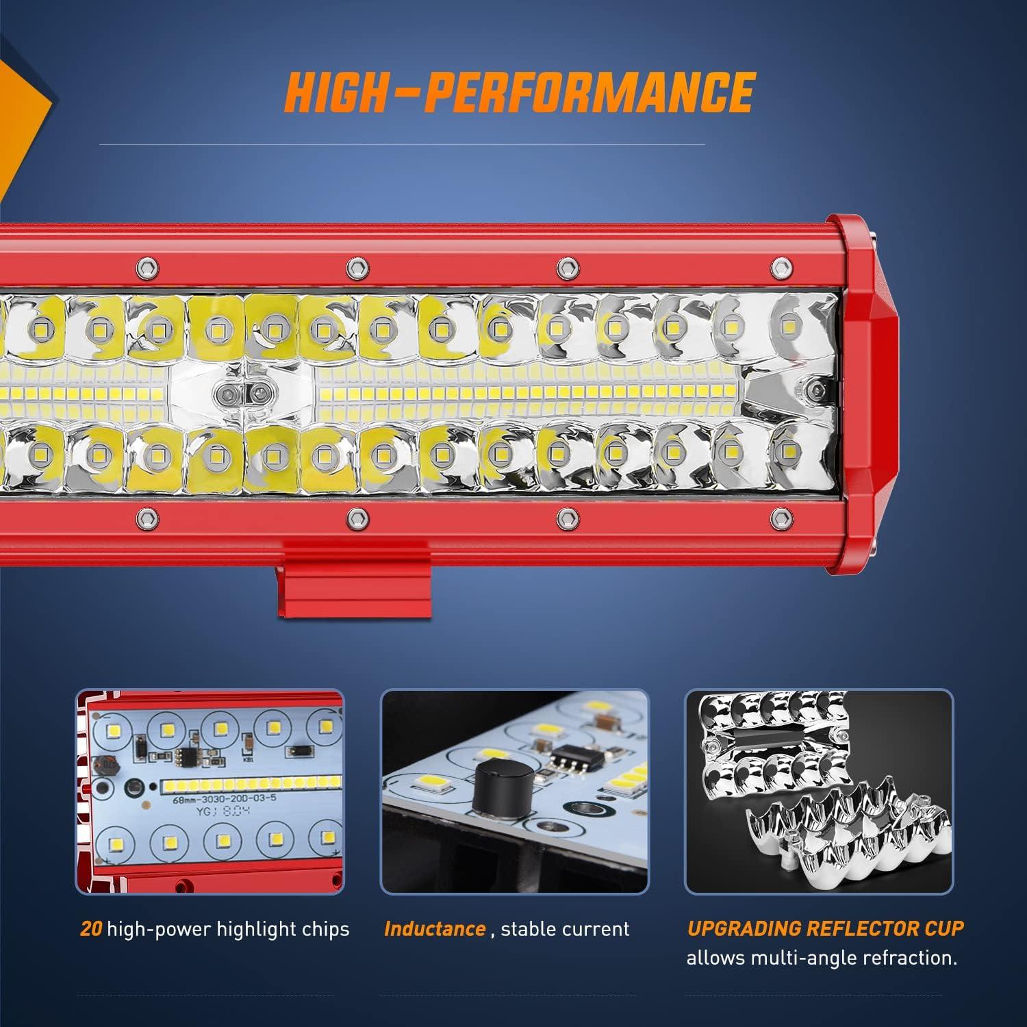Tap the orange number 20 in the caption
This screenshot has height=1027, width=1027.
pos(91,929)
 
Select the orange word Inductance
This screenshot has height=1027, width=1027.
pos(435,929)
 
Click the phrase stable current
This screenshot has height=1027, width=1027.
pos(565,929)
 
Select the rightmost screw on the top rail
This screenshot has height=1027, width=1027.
pos(778,266)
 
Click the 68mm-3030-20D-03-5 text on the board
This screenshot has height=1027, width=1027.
pos(212,798)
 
